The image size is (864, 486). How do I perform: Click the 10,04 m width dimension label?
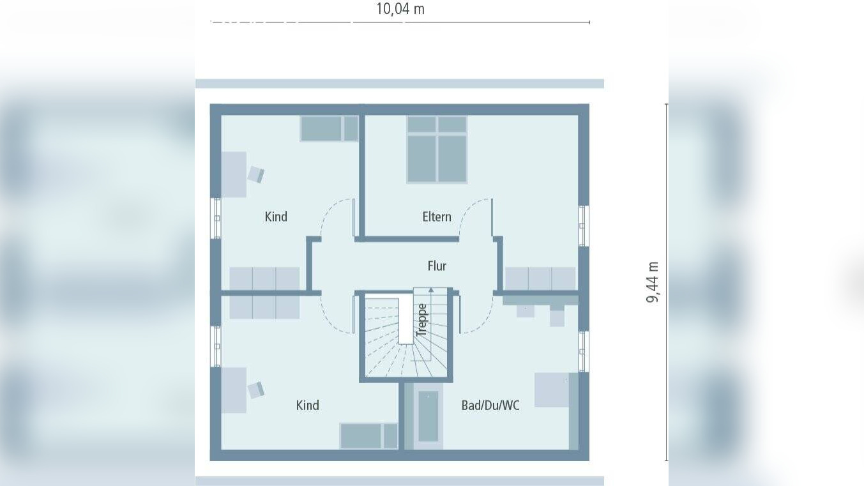400,9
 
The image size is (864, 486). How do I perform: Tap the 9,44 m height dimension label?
653,282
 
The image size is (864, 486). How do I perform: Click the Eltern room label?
437,216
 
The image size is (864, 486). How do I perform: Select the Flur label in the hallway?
437,266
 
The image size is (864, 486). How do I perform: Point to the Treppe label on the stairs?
422,320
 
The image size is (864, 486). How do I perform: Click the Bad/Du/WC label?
490,406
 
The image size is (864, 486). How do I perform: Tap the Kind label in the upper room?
276,216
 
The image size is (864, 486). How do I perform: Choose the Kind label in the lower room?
307,406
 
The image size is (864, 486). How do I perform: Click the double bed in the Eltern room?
437,149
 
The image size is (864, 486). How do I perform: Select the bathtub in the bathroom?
428,416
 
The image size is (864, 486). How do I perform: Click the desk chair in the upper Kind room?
255,174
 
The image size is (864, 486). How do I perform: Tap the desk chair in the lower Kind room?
255,390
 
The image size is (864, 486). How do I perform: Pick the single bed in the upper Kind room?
330,128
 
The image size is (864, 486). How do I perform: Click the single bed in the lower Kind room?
368,436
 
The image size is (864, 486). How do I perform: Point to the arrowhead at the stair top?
431,289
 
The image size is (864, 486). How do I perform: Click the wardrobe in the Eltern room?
540,278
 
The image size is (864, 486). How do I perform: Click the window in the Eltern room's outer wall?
584,225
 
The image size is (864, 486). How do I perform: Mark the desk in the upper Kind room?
234,174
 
